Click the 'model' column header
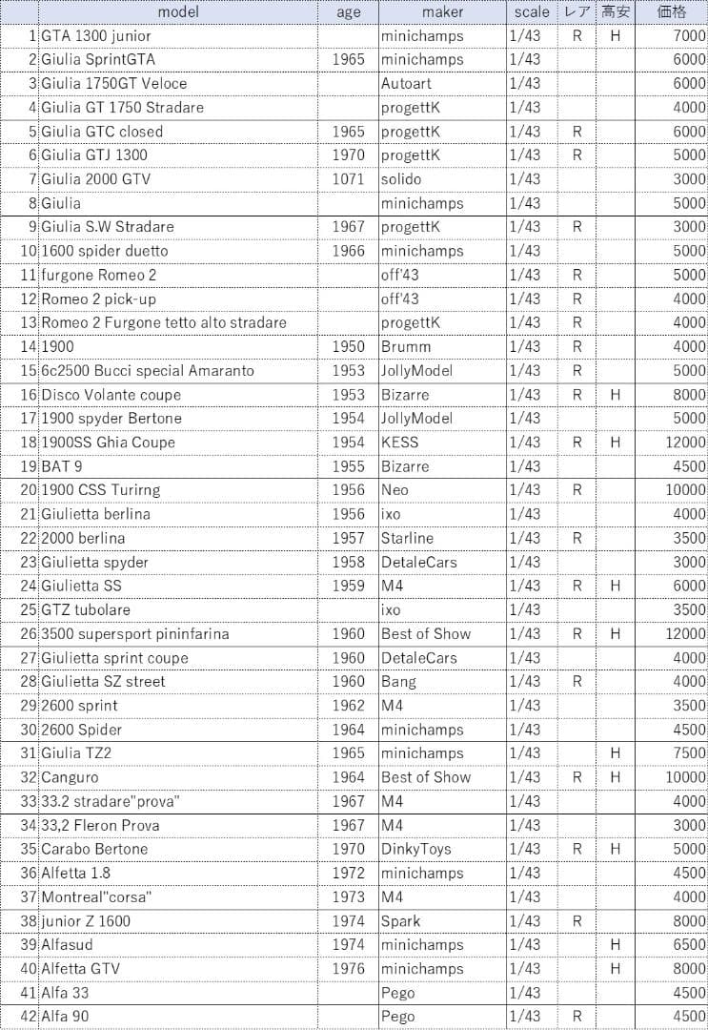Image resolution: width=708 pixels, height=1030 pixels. tap(178, 12)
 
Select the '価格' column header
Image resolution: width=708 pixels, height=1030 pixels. tap(672, 12)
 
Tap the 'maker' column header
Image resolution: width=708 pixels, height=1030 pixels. tap(442, 12)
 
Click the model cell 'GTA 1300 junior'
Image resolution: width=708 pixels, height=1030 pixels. tap(96, 36)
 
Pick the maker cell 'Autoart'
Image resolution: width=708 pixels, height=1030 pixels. tap(406, 84)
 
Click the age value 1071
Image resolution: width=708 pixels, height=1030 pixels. tap(349, 179)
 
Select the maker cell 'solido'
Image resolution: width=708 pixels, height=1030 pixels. tap(401, 179)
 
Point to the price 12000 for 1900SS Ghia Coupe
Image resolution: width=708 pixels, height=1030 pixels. tap(686, 443)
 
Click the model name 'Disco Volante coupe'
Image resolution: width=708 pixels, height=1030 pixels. tap(111, 395)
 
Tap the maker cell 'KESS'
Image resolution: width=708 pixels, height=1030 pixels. tap(399, 443)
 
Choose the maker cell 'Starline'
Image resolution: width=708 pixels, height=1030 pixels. tap(407, 538)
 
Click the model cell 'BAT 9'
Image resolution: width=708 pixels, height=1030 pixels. tap(62, 466)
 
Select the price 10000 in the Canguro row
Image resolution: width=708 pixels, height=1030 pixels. tap(686, 777)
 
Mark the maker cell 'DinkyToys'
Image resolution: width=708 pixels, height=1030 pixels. tap(415, 849)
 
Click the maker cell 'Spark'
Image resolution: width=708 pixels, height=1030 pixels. tap(400, 921)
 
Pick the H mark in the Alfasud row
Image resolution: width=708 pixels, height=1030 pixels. tap(616, 945)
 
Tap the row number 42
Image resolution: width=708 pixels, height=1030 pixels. tap(29, 1017)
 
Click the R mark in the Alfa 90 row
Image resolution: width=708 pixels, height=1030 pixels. tap(577, 1017)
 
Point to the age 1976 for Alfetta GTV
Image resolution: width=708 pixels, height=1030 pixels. tap(349, 969)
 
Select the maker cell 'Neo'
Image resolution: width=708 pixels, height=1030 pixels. tap(394, 490)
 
